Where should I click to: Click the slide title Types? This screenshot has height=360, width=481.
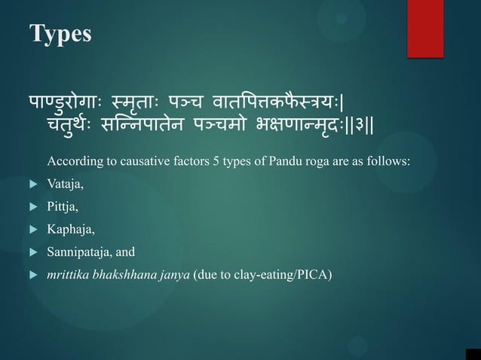click(60, 34)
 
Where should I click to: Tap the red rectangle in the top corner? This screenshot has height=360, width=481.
click(424, 28)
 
